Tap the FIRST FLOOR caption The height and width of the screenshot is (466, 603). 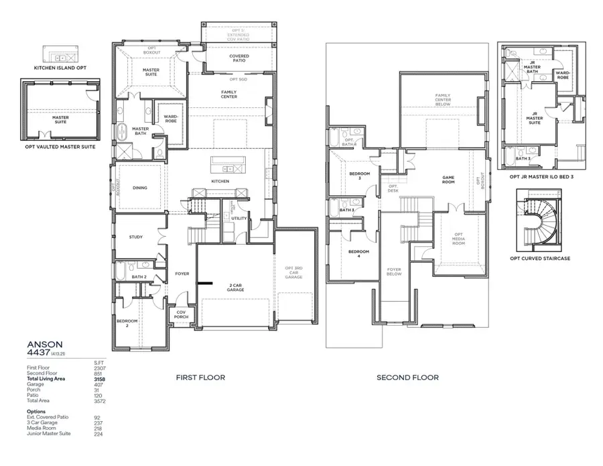click(200, 377)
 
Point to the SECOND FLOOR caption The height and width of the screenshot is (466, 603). click(407, 377)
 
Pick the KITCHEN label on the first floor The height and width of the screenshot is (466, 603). click(220, 181)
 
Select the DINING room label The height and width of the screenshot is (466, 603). click(139, 188)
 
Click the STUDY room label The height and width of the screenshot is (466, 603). click(136, 237)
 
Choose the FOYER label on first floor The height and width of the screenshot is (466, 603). click(182, 274)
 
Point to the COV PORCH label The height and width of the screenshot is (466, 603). click(181, 314)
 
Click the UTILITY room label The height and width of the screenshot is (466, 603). click(239, 219)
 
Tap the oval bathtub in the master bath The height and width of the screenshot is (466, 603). click(122, 131)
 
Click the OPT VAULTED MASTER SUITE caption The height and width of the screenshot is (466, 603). click(60, 146)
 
